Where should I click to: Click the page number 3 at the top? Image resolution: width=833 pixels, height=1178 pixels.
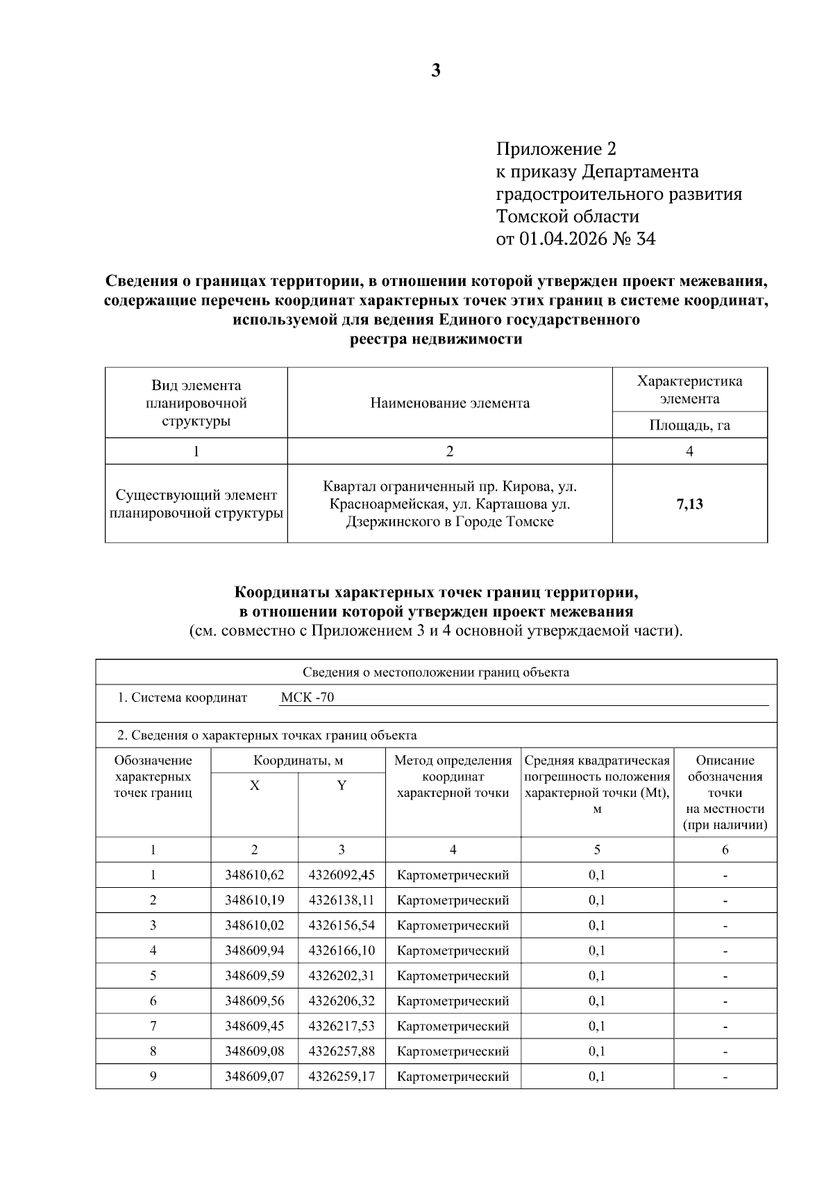point(435,70)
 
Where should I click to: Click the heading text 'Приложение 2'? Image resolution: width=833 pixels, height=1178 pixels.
point(555,149)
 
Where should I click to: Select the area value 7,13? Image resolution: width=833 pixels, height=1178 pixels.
point(689,504)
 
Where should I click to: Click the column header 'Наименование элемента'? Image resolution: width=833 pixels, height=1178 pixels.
point(449,403)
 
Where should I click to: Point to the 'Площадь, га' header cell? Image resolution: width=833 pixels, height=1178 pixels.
point(689,425)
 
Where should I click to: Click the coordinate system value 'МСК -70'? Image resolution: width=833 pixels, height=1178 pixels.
point(308,698)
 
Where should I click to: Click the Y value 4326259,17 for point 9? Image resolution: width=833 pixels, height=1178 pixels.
point(342,1077)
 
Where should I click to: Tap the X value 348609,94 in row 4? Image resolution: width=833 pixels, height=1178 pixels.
point(254,950)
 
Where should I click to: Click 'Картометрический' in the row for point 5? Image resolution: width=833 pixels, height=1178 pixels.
point(453,976)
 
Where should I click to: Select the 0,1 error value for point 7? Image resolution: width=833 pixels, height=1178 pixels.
point(596,1026)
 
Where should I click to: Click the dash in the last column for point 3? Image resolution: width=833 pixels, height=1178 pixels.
point(725,925)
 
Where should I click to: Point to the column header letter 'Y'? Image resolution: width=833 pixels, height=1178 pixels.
point(342,786)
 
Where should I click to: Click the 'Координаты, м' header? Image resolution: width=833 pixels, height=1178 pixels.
point(298,761)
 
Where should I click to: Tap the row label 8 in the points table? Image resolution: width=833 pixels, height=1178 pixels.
point(153,1051)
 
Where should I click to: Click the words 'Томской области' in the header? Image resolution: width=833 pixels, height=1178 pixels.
point(567,217)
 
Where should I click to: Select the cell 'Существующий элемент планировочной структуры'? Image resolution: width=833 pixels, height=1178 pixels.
point(196,504)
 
